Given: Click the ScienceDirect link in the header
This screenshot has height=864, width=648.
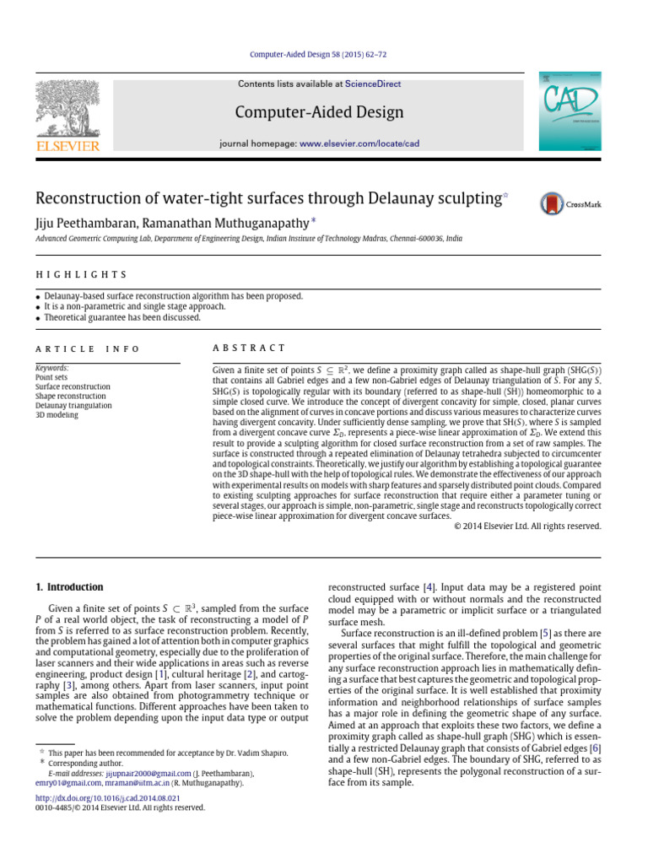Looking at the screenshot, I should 373,84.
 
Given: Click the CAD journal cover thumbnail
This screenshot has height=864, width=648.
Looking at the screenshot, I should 570,112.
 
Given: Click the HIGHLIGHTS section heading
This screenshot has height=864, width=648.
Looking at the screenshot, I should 81,275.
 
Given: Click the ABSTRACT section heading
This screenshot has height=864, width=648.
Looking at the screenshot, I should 249,348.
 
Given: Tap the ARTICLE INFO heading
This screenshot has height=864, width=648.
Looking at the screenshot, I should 88,348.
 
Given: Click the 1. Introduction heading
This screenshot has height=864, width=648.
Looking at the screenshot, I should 69,586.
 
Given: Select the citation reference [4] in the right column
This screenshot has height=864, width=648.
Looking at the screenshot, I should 429,586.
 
